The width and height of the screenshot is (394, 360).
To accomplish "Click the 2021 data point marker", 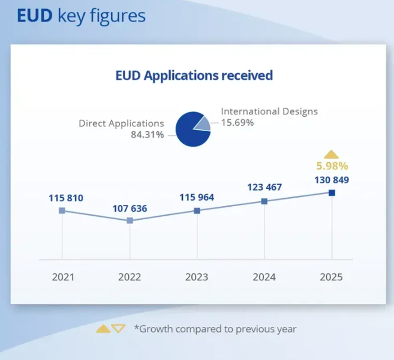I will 62,210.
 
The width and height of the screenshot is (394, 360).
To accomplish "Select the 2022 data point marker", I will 130,220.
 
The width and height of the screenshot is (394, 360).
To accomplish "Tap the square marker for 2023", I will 197,210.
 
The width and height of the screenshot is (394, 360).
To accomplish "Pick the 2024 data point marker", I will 264,201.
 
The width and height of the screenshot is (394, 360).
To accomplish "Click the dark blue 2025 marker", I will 332,192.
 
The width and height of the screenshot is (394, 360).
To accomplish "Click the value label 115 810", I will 66,198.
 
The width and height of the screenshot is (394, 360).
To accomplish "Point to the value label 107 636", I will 130,208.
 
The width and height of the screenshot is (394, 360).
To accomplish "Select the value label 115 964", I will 197,198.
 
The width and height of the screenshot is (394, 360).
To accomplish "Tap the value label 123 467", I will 264,188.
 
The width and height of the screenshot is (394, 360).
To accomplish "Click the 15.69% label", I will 237,123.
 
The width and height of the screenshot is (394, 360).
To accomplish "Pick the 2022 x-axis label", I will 130,277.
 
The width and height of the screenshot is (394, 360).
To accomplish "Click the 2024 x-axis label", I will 264,277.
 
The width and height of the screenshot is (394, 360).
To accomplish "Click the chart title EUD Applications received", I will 194,75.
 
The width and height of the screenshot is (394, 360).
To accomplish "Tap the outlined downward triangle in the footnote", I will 118,328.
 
